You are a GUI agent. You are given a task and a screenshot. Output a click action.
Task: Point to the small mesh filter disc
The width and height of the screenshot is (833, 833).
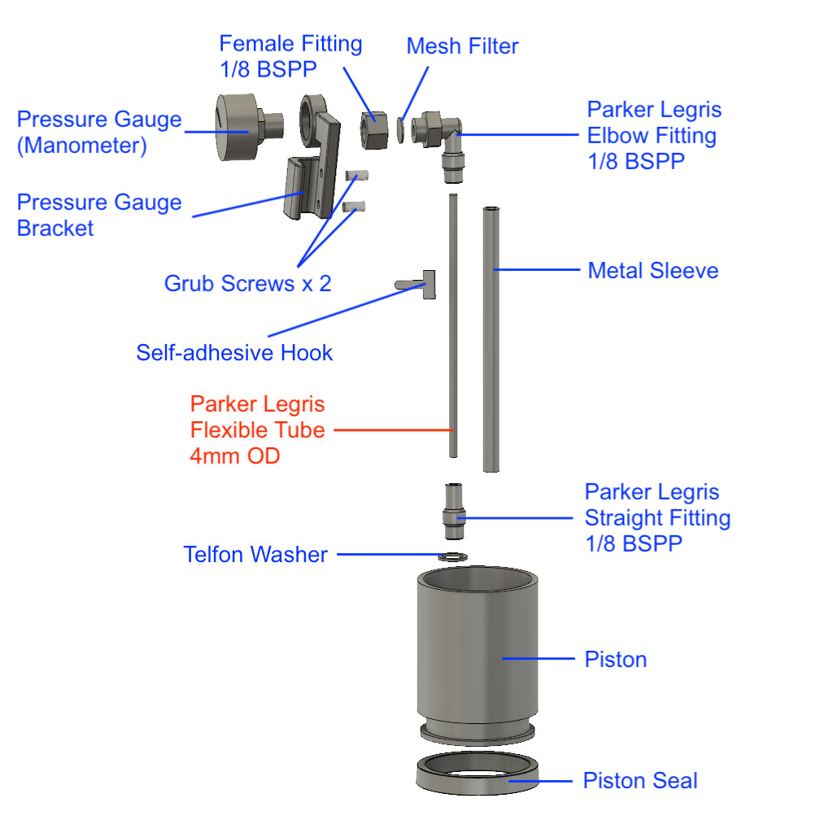(x=401, y=129)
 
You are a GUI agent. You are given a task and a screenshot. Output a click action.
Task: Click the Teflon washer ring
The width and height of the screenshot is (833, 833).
(x=452, y=556)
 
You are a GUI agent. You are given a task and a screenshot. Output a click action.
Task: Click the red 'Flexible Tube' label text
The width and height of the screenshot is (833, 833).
(x=257, y=430)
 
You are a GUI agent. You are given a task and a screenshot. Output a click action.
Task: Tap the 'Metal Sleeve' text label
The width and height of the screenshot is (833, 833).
(x=653, y=270)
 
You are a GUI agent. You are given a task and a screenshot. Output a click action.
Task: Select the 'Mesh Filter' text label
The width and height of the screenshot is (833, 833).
(x=462, y=46)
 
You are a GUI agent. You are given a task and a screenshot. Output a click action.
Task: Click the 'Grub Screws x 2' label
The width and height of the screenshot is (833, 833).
(x=247, y=283)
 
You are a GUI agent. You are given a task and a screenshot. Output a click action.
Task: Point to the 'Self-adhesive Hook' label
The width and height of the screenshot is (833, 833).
(x=234, y=352)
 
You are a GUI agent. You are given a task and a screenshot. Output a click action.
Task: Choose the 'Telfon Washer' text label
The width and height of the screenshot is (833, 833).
(x=255, y=555)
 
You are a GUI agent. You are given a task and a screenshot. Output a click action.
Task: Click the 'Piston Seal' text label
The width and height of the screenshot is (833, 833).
(x=640, y=781)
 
